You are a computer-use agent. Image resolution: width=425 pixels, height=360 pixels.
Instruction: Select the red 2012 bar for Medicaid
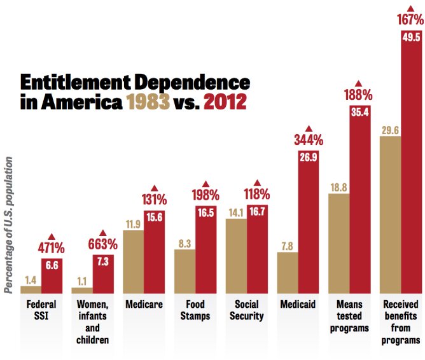click(308, 223)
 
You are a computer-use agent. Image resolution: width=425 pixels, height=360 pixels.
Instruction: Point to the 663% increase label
click(102, 244)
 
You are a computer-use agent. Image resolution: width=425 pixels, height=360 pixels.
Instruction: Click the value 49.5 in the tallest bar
click(411, 38)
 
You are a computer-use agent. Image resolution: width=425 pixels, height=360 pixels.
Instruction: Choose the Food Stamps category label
click(195, 310)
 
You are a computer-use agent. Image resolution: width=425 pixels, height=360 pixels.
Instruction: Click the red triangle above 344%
click(308, 128)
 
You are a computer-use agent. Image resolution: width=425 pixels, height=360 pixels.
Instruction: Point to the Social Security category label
click(246, 310)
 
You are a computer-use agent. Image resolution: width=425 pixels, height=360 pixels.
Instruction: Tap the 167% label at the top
click(410, 18)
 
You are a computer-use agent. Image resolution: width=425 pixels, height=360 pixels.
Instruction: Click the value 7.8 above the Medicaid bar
click(287, 246)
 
